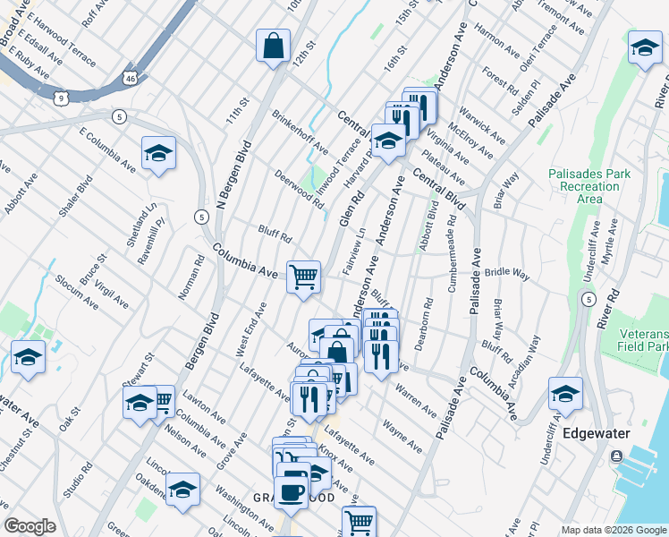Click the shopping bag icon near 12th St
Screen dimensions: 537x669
[x=273, y=46]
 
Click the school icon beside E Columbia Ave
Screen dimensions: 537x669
[x=158, y=153]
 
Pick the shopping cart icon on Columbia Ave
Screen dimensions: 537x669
[x=303, y=276]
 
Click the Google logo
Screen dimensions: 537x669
[x=30, y=526]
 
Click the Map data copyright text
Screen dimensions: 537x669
[x=613, y=530]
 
